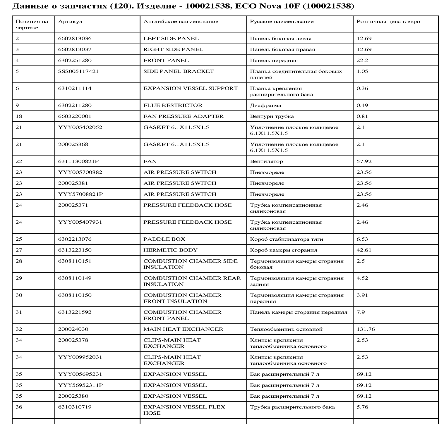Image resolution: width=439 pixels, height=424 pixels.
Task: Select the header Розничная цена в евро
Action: (x=388, y=22)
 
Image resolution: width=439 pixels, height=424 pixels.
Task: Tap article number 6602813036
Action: (x=75, y=39)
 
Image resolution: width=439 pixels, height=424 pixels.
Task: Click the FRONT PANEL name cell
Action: (x=166, y=61)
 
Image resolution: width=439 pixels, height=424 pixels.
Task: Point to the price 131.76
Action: (x=366, y=329)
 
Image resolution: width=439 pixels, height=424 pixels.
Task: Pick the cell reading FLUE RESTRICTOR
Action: (x=173, y=105)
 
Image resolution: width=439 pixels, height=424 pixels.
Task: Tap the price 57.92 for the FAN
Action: (x=364, y=161)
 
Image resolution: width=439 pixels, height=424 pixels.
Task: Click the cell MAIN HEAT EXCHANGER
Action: (x=183, y=329)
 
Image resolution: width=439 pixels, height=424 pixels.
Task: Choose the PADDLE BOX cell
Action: (x=164, y=239)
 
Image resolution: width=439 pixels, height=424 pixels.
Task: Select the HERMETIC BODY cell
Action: (x=170, y=250)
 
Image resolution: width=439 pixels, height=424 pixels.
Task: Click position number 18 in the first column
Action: (x=19, y=116)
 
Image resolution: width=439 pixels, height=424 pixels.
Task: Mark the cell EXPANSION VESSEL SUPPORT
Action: (x=191, y=88)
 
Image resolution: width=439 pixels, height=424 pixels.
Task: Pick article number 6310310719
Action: (x=75, y=407)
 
